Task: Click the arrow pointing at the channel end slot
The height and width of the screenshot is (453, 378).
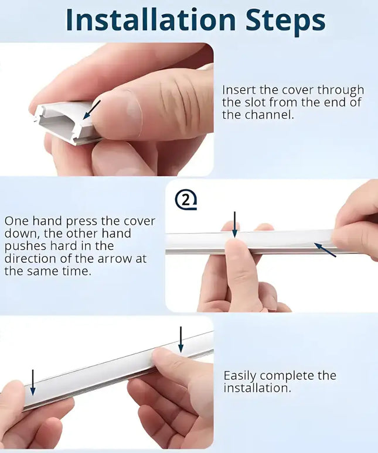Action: coord(91,109)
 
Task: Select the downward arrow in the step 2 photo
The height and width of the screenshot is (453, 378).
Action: coord(234,225)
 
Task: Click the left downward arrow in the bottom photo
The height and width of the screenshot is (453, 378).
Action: coord(33,382)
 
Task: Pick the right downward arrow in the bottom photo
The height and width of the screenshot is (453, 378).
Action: coord(181,339)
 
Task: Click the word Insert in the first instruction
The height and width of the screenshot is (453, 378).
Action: coord(238,90)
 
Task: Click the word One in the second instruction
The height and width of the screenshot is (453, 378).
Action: coord(16,221)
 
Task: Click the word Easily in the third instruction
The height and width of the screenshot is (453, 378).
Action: coord(240,375)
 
